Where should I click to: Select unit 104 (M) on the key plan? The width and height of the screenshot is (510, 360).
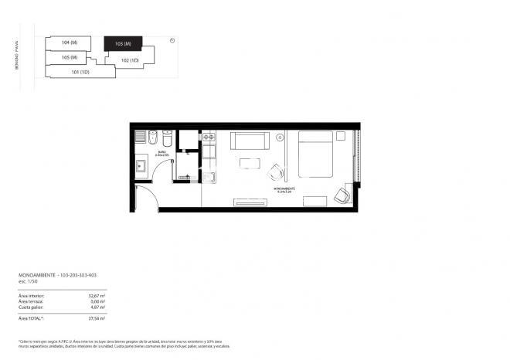coord(70,42)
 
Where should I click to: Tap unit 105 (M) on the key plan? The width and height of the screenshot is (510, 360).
coord(70,57)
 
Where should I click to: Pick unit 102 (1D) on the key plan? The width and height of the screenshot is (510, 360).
coord(130,59)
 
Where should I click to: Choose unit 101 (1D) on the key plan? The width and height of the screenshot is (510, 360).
coord(81,73)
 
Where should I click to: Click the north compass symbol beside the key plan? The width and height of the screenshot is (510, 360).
coord(172,41)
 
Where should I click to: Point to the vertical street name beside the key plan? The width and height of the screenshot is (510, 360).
coord(15,56)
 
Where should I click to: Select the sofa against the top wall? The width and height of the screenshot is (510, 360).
coord(249,141)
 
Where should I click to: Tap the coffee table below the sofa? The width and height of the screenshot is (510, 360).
coord(250,163)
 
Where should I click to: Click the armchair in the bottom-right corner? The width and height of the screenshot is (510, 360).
coord(342,195)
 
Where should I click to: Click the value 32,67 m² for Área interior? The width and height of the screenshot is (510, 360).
coord(97,294)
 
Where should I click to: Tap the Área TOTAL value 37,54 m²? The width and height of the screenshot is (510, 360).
coord(97,318)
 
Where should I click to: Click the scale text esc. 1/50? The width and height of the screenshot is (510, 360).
coord(28,282)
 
